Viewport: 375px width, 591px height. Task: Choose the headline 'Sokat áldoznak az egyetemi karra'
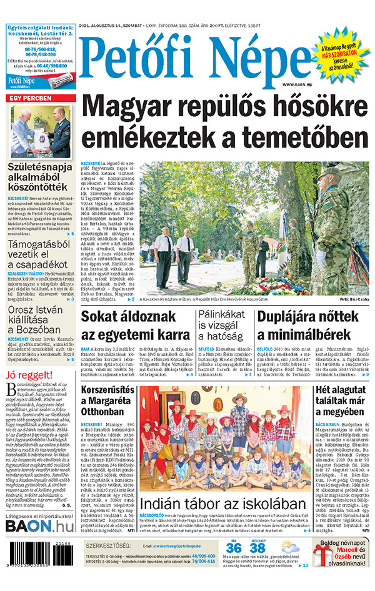click(x=135, y=326)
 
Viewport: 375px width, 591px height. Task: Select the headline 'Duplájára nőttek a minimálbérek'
click(x=312, y=326)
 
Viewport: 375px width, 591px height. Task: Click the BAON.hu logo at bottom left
click(x=39, y=544)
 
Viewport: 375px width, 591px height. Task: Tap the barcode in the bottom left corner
click(x=37, y=570)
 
